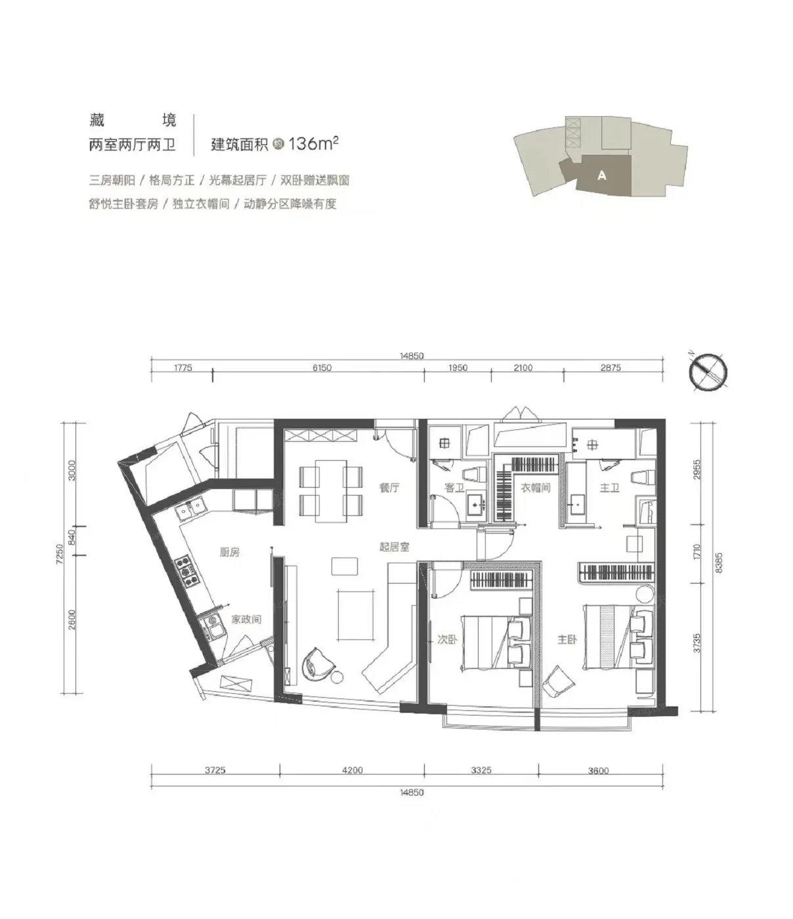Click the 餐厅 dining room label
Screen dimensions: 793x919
(389, 488)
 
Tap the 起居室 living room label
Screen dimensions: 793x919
(394, 547)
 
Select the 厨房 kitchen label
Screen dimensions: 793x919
(230, 552)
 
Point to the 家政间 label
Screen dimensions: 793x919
(246, 619)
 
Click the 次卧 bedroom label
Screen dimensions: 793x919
(447, 640)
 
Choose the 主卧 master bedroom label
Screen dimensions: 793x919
(568, 640)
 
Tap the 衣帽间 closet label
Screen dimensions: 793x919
(536, 488)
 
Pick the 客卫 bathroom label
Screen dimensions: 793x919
(454, 488)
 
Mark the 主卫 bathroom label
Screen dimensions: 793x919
(609, 488)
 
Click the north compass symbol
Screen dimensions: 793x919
(708, 372)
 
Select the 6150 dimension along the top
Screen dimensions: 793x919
(322, 368)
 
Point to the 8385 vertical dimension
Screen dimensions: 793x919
(719, 563)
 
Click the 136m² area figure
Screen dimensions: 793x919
(314, 144)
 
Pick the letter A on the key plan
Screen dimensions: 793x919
(602, 176)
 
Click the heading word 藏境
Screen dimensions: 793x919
(133, 120)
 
